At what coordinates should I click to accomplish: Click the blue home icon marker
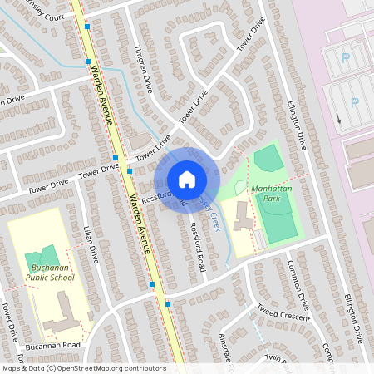click(186, 180)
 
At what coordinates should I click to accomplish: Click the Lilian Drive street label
click(91, 244)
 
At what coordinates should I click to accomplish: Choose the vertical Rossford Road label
click(197, 247)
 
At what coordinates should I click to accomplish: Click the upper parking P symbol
click(345, 57)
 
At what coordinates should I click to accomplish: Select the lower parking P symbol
click(354, 102)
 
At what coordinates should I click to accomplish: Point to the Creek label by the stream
click(215, 220)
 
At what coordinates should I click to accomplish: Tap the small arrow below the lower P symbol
click(339, 119)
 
